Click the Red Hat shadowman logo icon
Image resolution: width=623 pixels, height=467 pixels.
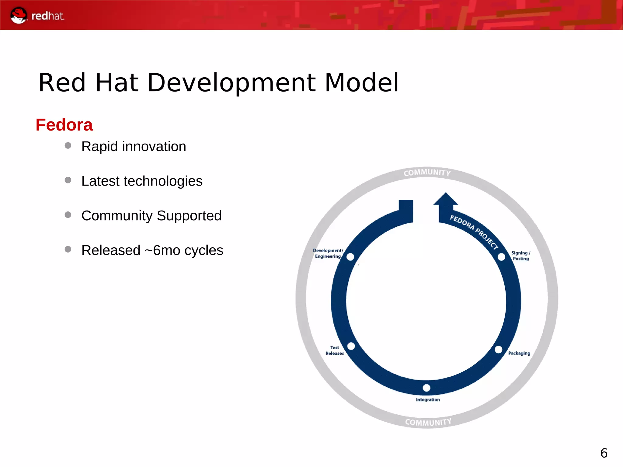[x=19, y=15]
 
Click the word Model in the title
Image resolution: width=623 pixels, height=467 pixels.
[x=361, y=83]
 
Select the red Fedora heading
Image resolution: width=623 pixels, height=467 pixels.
[x=64, y=125]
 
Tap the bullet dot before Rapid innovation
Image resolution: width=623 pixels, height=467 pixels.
[x=68, y=146]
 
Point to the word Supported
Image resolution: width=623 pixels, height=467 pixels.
[x=189, y=216]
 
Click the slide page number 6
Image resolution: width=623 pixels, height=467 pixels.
[x=604, y=453]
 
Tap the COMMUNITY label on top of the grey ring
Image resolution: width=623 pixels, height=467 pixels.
[x=427, y=173]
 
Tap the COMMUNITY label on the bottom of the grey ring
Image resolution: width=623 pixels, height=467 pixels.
[x=428, y=422]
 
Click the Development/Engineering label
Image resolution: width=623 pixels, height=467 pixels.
[x=328, y=253]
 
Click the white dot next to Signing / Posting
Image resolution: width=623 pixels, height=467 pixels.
[x=501, y=257]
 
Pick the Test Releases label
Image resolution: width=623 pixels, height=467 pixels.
[x=335, y=350]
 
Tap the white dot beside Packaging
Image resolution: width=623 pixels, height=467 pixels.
[x=498, y=350]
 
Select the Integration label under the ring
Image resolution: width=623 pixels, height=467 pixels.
[x=428, y=400]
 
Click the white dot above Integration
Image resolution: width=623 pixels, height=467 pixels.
[x=426, y=388]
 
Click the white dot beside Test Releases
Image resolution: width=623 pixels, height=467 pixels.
[x=351, y=346]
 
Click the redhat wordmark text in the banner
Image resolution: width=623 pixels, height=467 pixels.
[x=48, y=16]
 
